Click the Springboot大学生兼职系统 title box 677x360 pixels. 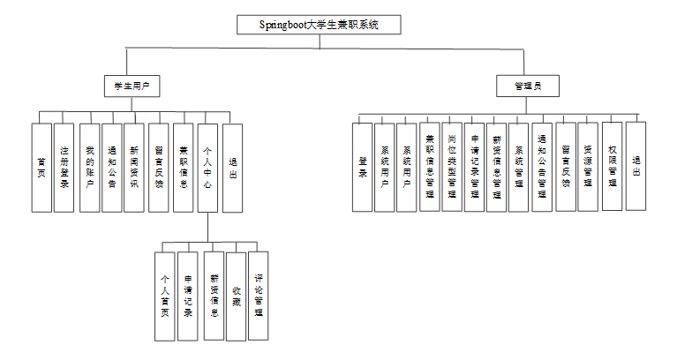click(x=319, y=25)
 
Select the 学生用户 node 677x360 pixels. click(x=131, y=86)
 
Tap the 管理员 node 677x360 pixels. click(x=528, y=86)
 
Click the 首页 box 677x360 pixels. click(x=41, y=168)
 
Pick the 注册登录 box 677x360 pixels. click(x=64, y=168)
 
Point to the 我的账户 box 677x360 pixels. click(x=89, y=168)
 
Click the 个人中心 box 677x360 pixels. click(x=207, y=168)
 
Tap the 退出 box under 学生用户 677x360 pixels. click(x=232, y=168)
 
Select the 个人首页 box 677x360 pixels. click(x=164, y=296)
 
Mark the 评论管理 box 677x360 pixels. click(x=258, y=296)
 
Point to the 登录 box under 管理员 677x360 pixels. click(x=362, y=168)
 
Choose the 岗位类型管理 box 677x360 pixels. click(x=451, y=168)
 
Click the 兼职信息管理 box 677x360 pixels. click(x=429, y=168)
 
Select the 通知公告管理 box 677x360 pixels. click(x=541, y=168)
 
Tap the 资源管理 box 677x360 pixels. click(x=587, y=168)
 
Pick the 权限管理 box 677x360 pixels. click(x=612, y=168)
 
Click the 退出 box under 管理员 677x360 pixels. click(x=636, y=168)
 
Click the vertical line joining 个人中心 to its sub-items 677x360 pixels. click(x=207, y=227)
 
